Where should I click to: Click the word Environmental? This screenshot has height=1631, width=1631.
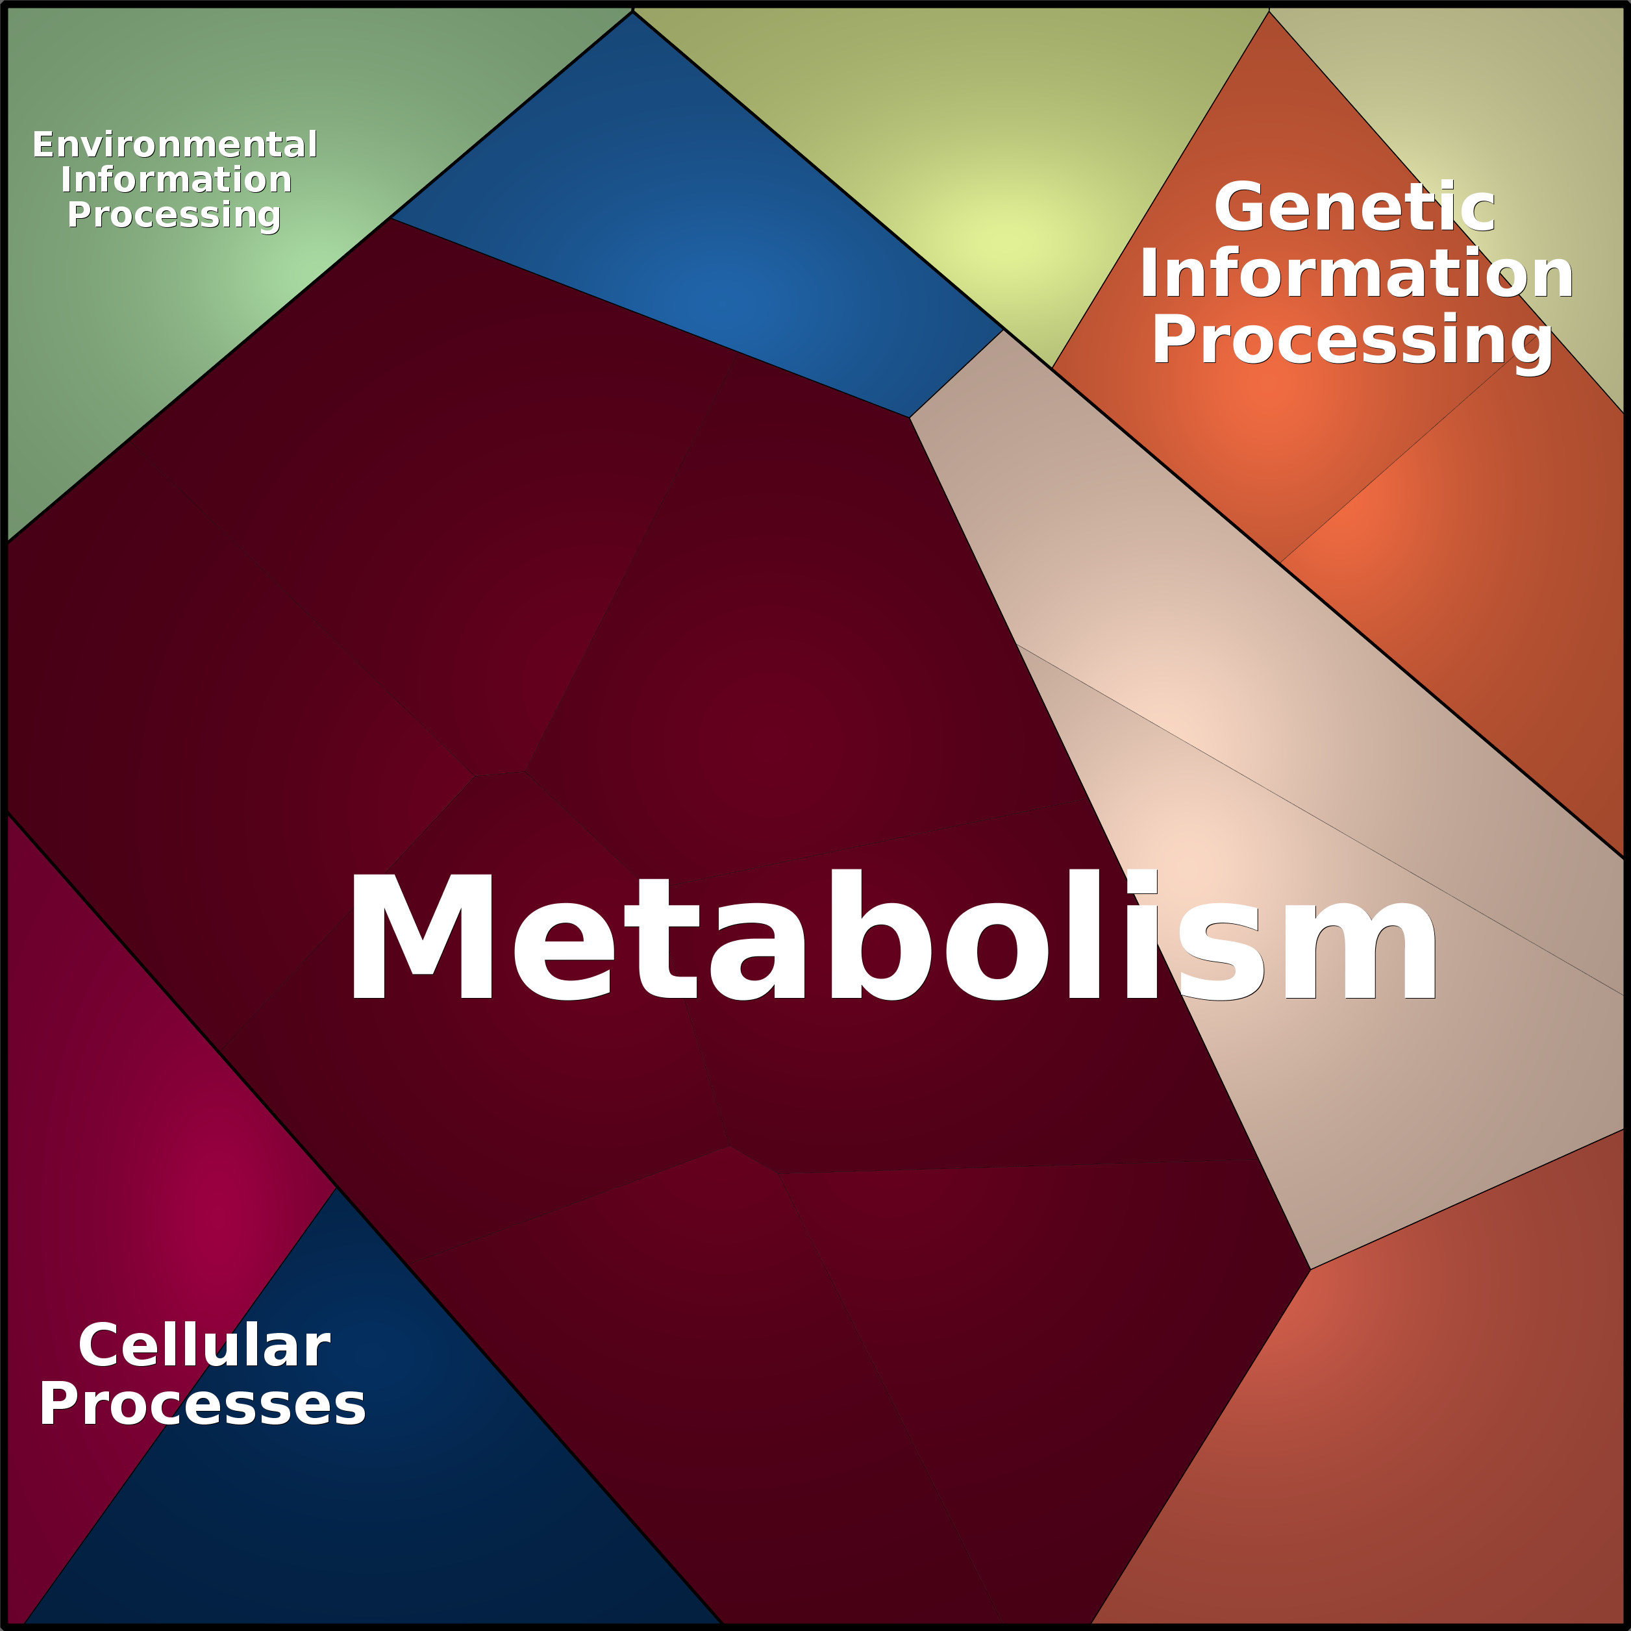(x=175, y=145)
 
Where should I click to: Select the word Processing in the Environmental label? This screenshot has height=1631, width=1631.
(x=174, y=216)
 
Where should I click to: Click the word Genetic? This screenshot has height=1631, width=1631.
(x=1354, y=208)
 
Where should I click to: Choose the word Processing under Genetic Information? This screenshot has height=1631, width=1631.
(x=1352, y=340)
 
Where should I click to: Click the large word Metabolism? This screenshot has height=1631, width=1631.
(x=891, y=937)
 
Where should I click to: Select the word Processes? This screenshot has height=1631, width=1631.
(x=203, y=1405)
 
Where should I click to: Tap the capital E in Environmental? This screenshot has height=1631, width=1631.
(x=43, y=145)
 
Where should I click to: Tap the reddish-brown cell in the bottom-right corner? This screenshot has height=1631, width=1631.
(x=1435, y=1435)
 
